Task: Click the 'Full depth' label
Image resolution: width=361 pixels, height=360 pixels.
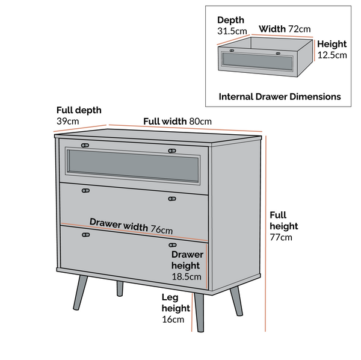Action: pos(79,110)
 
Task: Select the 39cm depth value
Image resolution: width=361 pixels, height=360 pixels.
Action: pos(67,121)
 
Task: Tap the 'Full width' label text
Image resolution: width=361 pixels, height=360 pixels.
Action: pos(165,121)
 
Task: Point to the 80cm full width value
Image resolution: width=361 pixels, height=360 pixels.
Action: pos(200,121)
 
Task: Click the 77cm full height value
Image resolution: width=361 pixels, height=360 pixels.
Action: pos(280,237)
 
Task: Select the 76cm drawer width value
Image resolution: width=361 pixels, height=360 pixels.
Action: pos(161,229)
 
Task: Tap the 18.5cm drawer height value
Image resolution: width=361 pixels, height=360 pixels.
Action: pos(186,277)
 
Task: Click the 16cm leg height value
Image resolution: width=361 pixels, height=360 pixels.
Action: pos(173,319)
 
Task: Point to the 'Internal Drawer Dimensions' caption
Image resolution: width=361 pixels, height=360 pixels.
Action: pos(280,96)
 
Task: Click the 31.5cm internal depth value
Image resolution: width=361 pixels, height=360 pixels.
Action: pos(232,31)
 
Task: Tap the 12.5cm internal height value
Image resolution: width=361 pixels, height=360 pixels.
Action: pos(332,55)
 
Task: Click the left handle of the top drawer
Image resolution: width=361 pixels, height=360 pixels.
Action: pos(85,145)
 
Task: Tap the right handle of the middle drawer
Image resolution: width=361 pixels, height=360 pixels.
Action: pos(172,199)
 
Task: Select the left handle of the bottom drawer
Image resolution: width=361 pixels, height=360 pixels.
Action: pos(85,235)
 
